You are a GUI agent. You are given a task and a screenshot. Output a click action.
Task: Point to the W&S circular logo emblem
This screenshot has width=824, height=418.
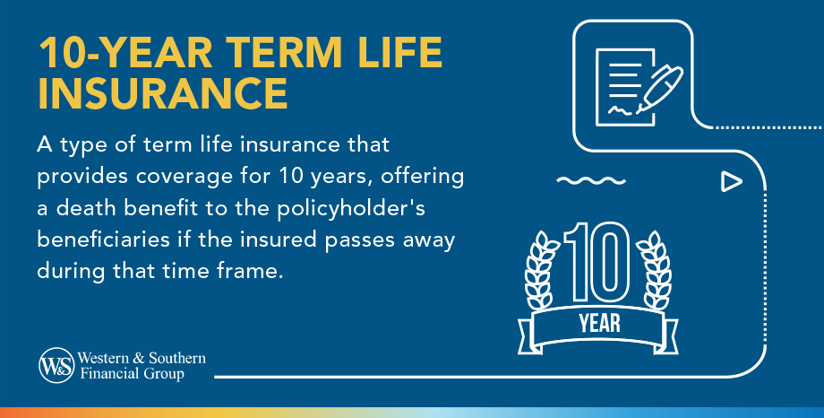(56, 365)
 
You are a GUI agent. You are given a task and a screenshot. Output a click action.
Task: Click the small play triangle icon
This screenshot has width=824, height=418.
(732, 182)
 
